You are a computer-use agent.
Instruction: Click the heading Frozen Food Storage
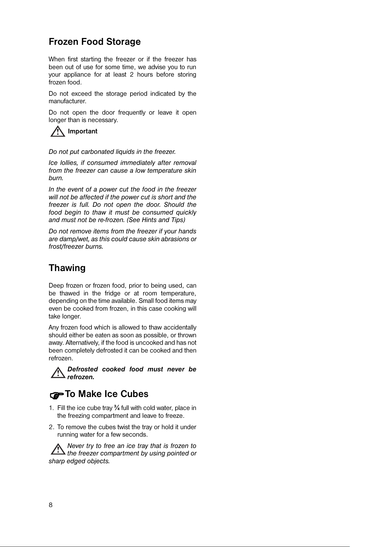point(94,42)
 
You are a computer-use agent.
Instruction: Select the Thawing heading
point(67,268)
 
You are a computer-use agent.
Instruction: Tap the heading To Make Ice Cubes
point(107,394)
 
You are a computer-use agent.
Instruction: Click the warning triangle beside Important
point(57,132)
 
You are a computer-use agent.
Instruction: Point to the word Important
point(82,131)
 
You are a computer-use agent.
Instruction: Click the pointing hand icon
point(56,395)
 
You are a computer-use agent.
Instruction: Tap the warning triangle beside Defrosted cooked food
point(58,373)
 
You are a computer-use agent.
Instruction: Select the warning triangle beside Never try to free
point(58,449)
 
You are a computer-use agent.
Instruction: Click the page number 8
point(50,505)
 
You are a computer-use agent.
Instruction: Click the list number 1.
point(51,408)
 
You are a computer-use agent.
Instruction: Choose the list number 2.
point(51,427)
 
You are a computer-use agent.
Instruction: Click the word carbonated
point(95,152)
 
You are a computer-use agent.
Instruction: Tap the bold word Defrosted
point(82,369)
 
